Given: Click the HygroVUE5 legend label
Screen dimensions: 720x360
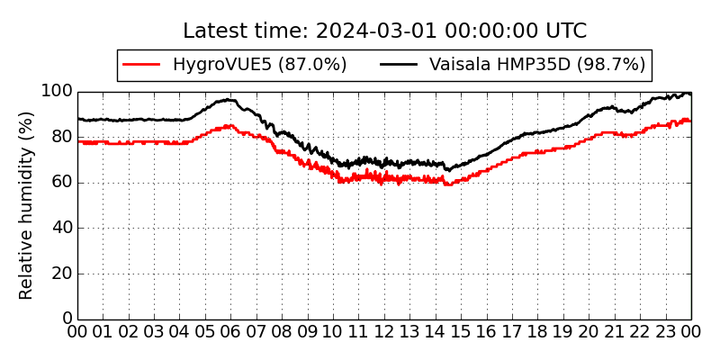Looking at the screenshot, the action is click(259, 65).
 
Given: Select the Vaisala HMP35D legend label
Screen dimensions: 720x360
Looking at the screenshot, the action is click(537, 65).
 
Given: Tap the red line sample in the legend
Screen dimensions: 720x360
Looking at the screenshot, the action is click(141, 65).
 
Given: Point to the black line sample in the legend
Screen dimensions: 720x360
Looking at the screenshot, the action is click(399, 65).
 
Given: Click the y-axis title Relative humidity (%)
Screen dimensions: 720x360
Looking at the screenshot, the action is click(26, 205).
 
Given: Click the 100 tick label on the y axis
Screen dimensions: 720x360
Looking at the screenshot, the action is click(57, 92).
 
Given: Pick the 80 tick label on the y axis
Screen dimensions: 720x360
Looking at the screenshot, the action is click(62, 137).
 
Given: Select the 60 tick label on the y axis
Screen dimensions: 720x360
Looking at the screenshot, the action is click(62, 183).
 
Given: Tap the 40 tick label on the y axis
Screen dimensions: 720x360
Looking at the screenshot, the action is click(62, 228).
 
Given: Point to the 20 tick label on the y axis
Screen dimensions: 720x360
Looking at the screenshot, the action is click(62, 274).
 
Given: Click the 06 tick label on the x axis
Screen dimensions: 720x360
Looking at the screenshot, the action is click(231, 331).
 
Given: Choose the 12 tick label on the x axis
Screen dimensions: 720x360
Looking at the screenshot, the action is click(384, 331).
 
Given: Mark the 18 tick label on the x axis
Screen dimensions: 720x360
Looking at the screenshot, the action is click(537, 331).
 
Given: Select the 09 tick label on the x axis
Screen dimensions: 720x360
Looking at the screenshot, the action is click(308, 331).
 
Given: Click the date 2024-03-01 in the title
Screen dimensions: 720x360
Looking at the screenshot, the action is click(377, 31).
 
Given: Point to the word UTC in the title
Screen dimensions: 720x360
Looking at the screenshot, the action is click(566, 31).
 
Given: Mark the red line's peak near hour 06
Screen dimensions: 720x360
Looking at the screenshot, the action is click(229, 125).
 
